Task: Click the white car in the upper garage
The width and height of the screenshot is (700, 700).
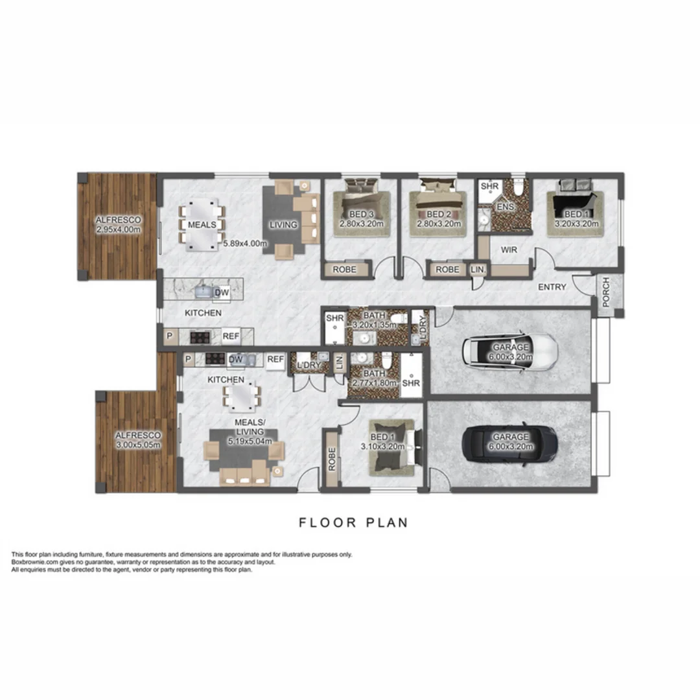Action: click(509, 351)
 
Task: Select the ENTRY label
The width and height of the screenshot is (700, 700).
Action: click(552, 287)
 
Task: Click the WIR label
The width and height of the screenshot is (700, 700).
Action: click(507, 250)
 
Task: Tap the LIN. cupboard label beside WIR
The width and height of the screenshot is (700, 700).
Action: click(478, 269)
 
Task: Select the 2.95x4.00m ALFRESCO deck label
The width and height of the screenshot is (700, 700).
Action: click(117, 224)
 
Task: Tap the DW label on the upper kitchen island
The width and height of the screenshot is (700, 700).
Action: click(220, 292)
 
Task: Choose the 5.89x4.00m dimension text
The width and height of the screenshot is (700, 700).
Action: click(245, 244)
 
